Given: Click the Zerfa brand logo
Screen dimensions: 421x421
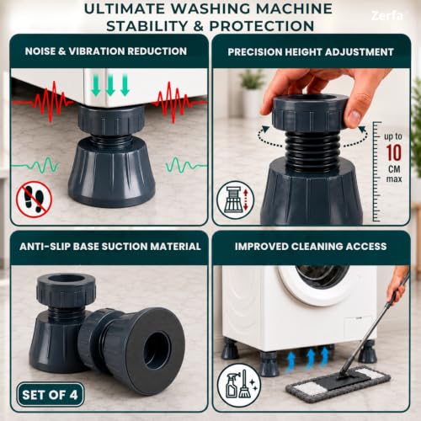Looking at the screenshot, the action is [387, 15].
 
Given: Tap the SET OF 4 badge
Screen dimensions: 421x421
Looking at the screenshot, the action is [51, 395].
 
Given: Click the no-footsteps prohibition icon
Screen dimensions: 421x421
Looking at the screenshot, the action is [35, 200].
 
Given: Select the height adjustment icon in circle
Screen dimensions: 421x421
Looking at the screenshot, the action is [236, 200].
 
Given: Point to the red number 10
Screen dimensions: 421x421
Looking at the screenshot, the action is [394, 153].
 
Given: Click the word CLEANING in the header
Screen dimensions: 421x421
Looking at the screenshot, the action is [317, 247].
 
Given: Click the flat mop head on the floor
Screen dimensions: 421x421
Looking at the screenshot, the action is [338, 385].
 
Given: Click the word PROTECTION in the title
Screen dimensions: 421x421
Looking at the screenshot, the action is [262, 26].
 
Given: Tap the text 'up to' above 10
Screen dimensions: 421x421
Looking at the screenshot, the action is [393, 136].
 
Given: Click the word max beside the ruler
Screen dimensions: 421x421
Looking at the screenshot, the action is [394, 179].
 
